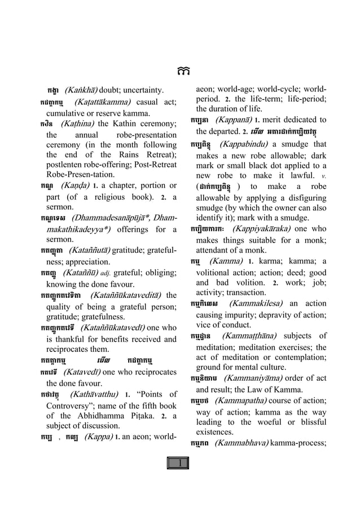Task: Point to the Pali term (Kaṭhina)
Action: (x=78, y=124)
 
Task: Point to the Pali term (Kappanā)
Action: (x=231, y=120)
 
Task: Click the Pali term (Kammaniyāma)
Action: (x=250, y=378)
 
